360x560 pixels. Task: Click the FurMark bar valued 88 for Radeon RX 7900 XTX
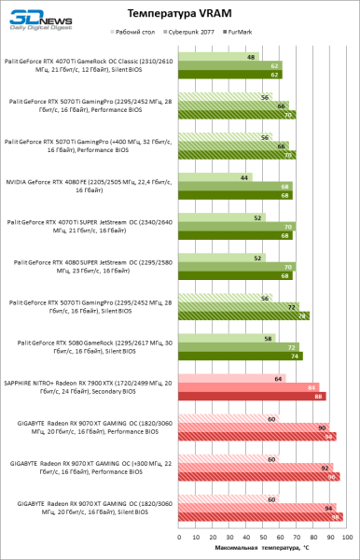point(252,396)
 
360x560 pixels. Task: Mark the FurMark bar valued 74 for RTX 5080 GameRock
point(241,356)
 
